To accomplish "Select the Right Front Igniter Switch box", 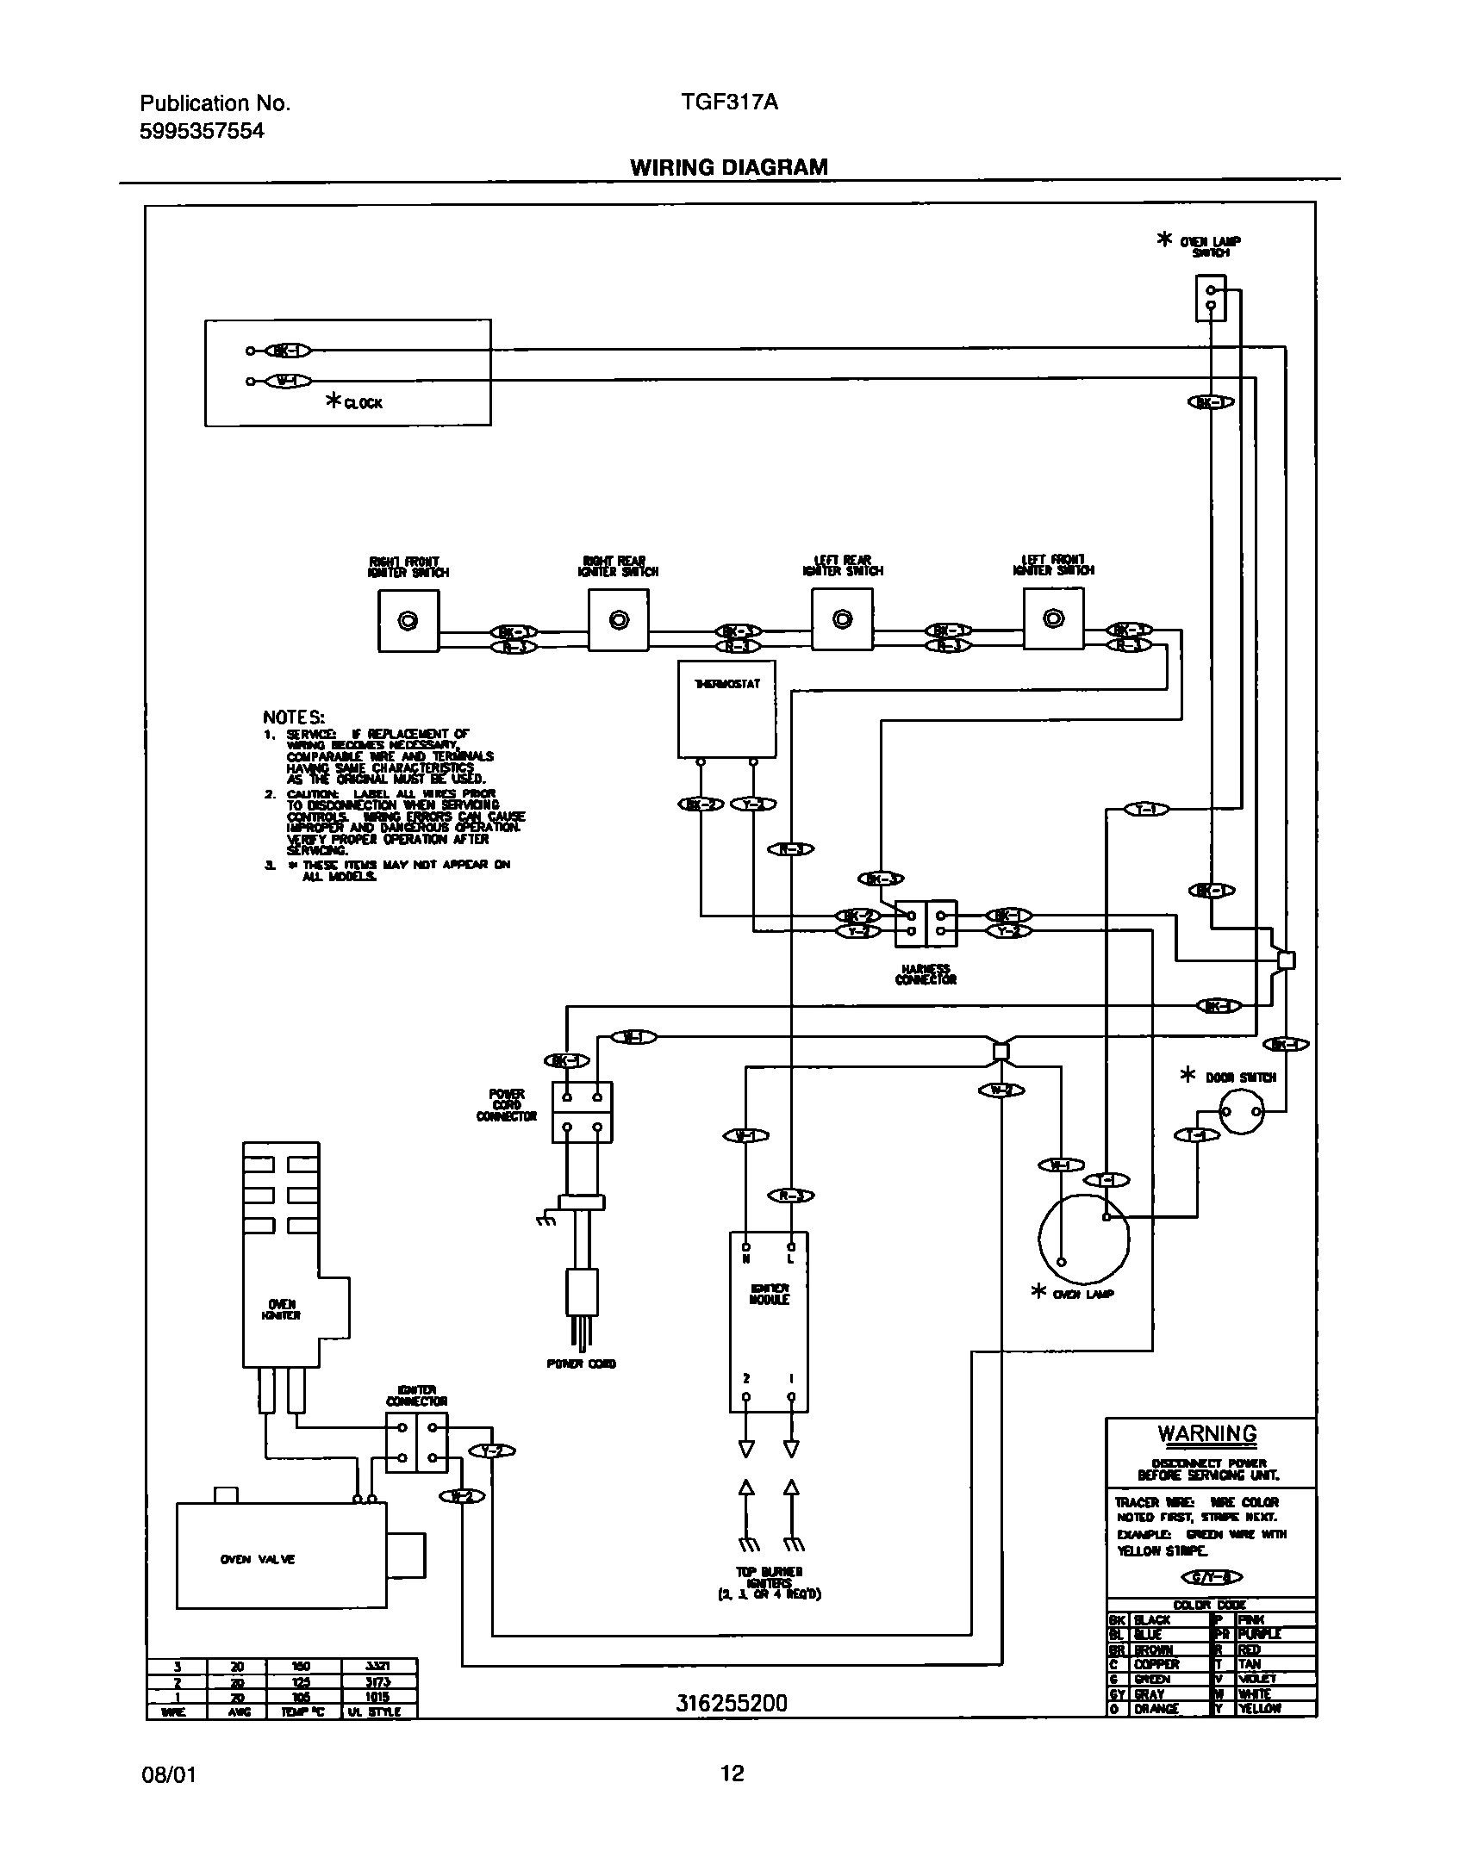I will pyautogui.click(x=408, y=621).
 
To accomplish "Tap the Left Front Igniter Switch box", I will pyautogui.click(x=1053, y=619).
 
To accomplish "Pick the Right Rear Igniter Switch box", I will pyautogui.click(x=618, y=620).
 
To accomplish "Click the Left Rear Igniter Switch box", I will pyautogui.click(x=842, y=619).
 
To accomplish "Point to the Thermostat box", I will pyautogui.click(x=726, y=708).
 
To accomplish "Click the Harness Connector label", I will pyautogui.click(x=926, y=975).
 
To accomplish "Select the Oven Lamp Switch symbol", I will pyautogui.click(x=1210, y=298).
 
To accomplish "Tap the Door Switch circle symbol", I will pyautogui.click(x=1241, y=1112).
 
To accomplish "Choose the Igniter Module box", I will pyautogui.click(x=769, y=1321).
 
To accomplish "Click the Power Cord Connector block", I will pyautogui.click(x=582, y=1112).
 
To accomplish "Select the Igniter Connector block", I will pyautogui.click(x=416, y=1442).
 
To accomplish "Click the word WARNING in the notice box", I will pyautogui.click(x=1206, y=1434).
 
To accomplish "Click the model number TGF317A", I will pyautogui.click(x=729, y=103).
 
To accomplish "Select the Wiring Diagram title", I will pyautogui.click(x=728, y=167).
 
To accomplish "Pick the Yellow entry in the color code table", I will pyautogui.click(x=1258, y=1708).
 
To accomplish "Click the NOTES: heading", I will pyautogui.click(x=294, y=717).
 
